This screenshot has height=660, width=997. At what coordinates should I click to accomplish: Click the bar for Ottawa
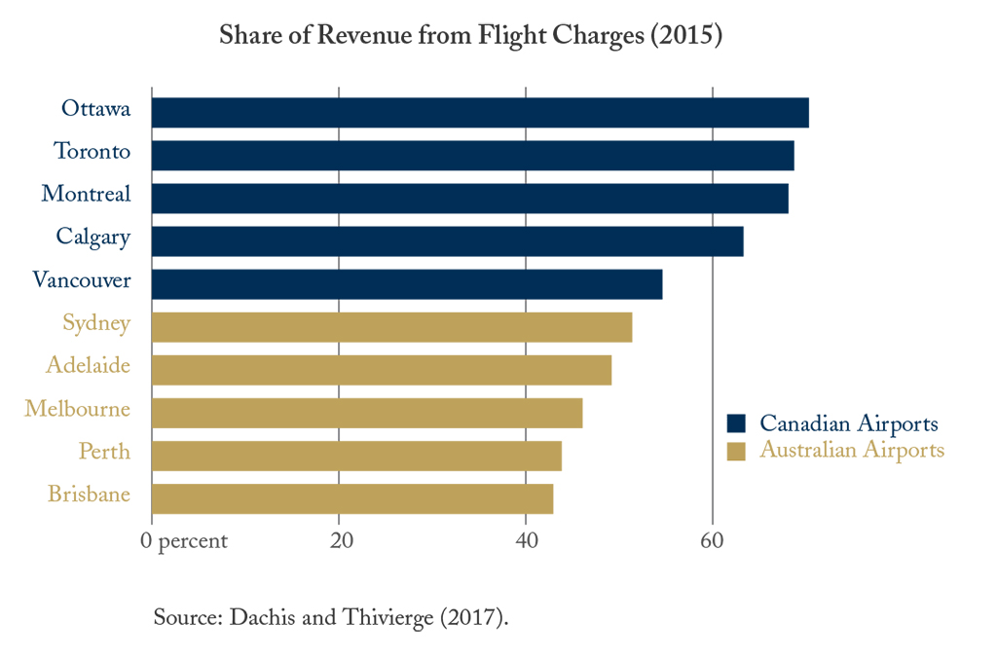(x=480, y=113)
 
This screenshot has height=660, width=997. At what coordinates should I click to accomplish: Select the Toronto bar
(x=472, y=156)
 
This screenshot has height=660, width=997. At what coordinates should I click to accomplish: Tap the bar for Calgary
(x=447, y=241)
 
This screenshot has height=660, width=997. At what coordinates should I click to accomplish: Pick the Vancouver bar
(x=407, y=284)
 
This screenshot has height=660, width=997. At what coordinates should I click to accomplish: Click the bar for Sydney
(x=391, y=327)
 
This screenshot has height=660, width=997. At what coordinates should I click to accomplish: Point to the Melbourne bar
(x=367, y=413)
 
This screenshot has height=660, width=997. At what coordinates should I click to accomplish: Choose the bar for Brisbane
(x=352, y=498)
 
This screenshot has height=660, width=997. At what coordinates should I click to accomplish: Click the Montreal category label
(x=86, y=194)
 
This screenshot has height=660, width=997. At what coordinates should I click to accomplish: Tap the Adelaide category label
(x=88, y=365)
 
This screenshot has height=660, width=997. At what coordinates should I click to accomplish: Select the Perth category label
(x=104, y=452)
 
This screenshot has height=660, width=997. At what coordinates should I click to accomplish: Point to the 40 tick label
(x=527, y=541)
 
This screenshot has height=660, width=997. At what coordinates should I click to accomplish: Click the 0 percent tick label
(x=185, y=541)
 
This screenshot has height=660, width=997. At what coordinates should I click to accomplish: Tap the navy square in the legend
(x=736, y=423)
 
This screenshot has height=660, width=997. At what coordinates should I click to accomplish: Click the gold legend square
(x=736, y=451)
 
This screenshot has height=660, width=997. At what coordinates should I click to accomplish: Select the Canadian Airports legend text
(x=849, y=423)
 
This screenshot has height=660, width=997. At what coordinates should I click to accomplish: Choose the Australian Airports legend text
(x=852, y=451)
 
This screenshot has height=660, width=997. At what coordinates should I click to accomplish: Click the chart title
(x=470, y=37)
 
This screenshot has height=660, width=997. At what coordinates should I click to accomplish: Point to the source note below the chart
(x=331, y=618)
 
